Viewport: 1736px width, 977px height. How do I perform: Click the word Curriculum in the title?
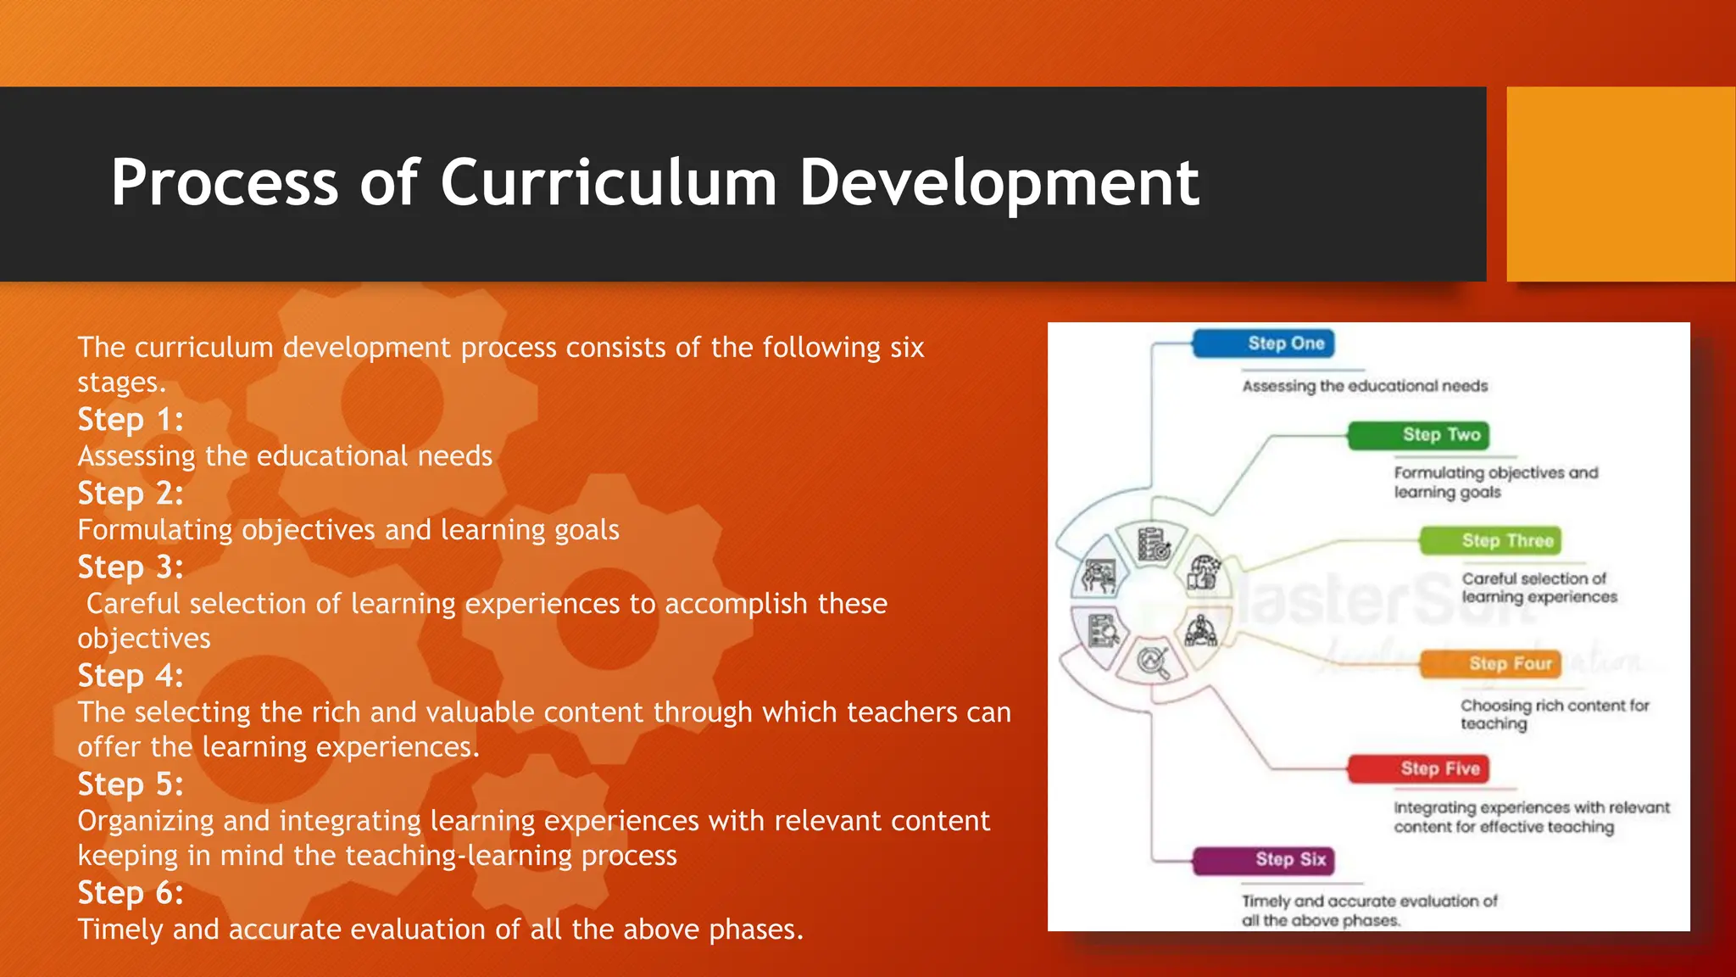pos(608,182)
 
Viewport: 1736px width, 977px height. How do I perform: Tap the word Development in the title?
pos(999,182)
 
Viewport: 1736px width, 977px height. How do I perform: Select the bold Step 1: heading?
pos(131,420)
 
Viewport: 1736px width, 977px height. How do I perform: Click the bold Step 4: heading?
pos(131,676)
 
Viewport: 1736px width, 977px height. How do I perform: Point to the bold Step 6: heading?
pos(131,893)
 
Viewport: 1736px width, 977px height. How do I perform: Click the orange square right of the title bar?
pos(1620,184)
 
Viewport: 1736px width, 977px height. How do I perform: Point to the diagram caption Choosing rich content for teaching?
pos(1554,714)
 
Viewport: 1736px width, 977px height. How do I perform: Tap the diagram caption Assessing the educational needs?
pos(1365,387)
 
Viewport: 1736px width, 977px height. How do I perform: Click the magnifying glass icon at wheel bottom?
pos(1154,662)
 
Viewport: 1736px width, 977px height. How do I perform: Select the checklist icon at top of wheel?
pos(1154,544)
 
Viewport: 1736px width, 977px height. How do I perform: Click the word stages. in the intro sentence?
pos(121,382)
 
